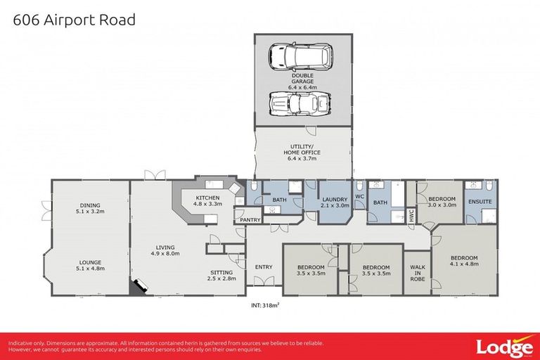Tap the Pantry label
point(250,220)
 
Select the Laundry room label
point(335,203)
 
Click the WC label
point(359,197)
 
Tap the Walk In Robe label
point(416,271)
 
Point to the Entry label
point(264,266)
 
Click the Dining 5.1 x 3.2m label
point(90,209)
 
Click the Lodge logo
point(503,347)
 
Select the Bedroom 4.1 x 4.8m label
point(464,261)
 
